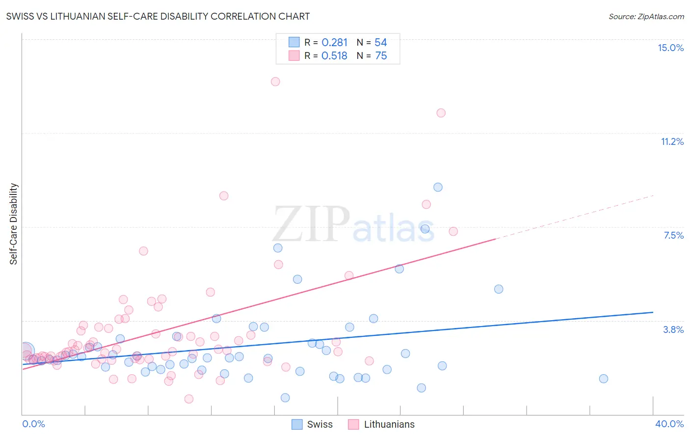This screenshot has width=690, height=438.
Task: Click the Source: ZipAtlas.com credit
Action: coord(646,16)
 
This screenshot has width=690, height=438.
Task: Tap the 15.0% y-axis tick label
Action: coord(670,48)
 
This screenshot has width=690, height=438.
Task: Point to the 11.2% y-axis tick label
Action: coord(672,141)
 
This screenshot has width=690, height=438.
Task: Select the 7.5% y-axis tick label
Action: coord(673,235)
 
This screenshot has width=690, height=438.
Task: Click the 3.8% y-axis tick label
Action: coord(673,329)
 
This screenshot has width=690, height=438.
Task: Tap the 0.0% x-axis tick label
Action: coord(33,424)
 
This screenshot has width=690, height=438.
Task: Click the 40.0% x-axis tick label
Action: coord(669,424)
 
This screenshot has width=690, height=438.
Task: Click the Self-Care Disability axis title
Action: coord(14,224)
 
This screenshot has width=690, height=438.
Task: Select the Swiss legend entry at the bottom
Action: coord(312,424)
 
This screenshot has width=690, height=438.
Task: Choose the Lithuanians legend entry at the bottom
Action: coord(381,424)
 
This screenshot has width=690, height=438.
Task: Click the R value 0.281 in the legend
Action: coord(334,43)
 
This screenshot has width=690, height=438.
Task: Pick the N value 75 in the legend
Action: coord(381,56)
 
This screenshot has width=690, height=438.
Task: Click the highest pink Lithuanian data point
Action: coord(275,82)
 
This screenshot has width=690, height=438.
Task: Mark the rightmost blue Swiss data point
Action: coord(604,379)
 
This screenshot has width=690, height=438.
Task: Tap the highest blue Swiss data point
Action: coord(438,187)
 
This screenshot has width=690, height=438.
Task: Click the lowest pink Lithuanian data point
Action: coord(189,399)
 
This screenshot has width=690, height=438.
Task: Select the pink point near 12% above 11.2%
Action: coord(441,113)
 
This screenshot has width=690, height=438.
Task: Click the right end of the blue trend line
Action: coord(653,312)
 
